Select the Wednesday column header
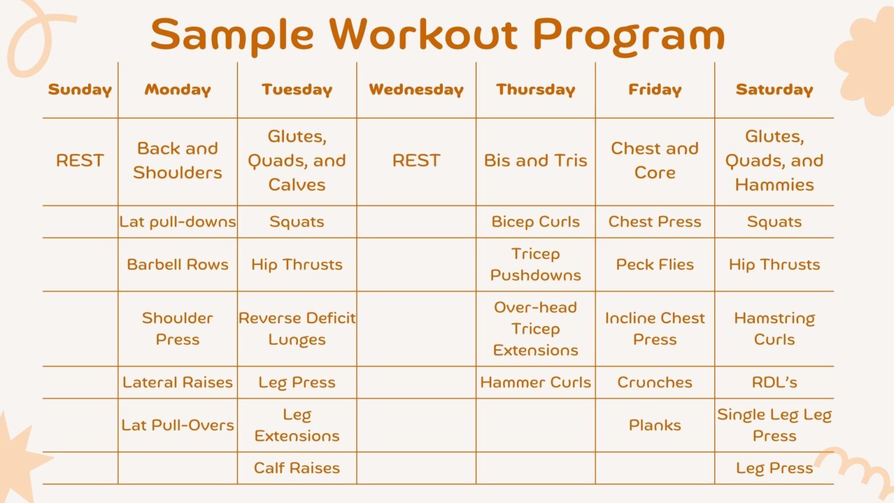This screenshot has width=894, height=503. [416, 90]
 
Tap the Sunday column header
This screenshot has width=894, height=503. [80, 90]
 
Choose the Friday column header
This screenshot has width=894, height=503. [655, 90]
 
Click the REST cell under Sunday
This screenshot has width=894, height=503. [80, 161]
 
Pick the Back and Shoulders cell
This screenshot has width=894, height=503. [178, 161]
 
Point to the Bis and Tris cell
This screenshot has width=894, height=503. [535, 161]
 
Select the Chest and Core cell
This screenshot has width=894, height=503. [655, 161]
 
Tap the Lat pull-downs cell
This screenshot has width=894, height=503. [178, 222]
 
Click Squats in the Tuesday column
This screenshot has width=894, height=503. [297, 222]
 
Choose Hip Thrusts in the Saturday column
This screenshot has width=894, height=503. [774, 264]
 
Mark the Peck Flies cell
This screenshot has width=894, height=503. [655, 264]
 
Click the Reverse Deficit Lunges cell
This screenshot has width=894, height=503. [297, 329]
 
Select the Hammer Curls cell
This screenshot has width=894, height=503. [535, 382]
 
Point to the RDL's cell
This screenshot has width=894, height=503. [774, 382]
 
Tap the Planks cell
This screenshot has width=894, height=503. [655, 425]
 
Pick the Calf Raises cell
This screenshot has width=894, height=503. [297, 468]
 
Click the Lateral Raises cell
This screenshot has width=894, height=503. [178, 382]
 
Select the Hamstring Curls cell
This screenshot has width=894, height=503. [774, 329]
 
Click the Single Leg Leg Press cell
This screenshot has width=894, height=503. [774, 425]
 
